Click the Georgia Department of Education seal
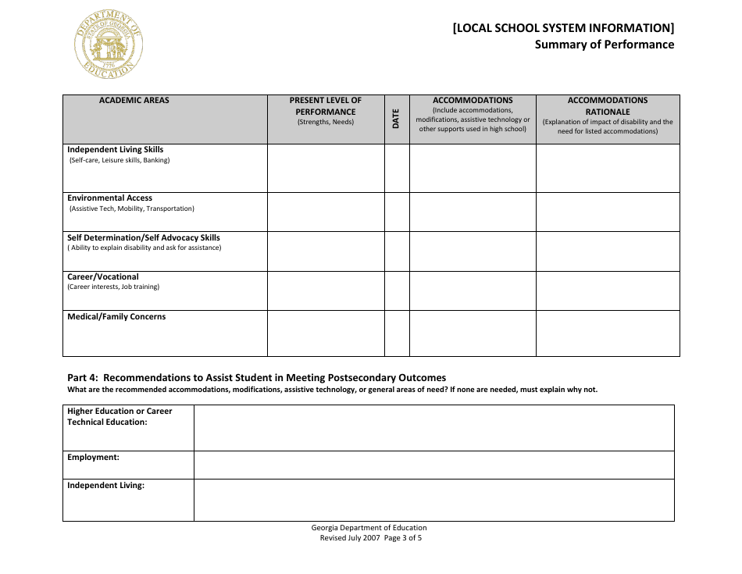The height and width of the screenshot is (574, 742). pos(109,45)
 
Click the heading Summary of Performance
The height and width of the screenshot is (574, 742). pos(604,45)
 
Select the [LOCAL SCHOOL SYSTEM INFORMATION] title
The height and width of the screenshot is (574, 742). pos(563,28)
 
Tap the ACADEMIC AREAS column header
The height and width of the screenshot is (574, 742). pos(134,101)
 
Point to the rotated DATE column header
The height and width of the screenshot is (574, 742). pos(396,119)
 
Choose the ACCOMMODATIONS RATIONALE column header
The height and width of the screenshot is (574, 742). pos(607,106)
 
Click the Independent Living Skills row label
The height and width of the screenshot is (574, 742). pos(115,150)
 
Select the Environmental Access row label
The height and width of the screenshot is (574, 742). pos(109,198)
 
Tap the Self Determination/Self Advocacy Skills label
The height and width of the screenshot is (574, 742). pos(144,238)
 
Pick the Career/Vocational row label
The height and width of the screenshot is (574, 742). pos(103,277)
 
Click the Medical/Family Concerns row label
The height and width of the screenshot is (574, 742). pos(116,317)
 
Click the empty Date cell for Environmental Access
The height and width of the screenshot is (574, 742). pos(397,212)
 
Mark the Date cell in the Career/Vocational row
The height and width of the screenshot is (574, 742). pos(397,291)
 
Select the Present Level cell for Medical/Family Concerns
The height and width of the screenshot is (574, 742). pos(326,333)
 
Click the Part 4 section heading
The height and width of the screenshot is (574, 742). pos(256,377)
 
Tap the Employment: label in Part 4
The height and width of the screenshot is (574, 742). pos(93,458)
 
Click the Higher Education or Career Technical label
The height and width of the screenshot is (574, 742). pos(120,417)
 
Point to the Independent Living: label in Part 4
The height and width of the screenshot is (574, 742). pos(105,486)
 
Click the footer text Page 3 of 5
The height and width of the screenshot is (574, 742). pos(402,538)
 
